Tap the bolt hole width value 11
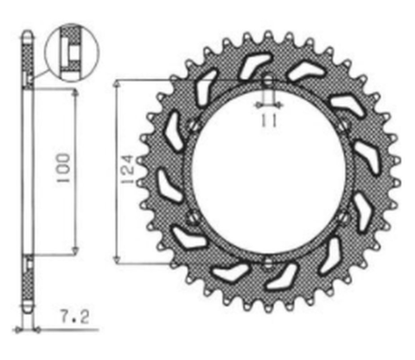coord(268,121)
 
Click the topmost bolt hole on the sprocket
coord(268,83)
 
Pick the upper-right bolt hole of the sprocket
coord(344,126)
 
